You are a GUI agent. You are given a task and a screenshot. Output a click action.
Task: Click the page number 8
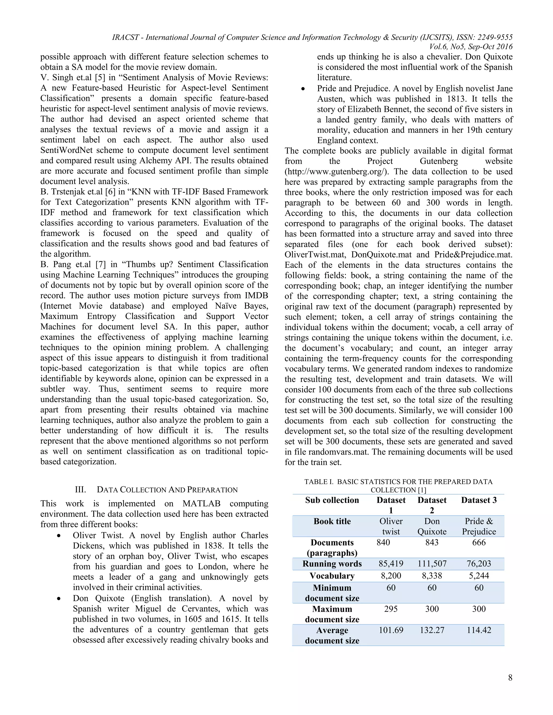(x=510, y=678)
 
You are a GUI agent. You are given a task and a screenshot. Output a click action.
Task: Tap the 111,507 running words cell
(x=432, y=564)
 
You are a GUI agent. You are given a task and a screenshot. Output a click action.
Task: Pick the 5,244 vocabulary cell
(x=479, y=576)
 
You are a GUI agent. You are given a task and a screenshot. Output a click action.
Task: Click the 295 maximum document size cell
(x=391, y=609)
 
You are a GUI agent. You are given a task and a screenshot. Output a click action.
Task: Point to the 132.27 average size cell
(x=432, y=630)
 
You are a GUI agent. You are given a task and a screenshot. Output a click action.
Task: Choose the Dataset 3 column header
(x=479, y=500)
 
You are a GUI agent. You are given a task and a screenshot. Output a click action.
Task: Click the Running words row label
(x=332, y=564)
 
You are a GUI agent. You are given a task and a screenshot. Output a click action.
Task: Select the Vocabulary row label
(x=332, y=576)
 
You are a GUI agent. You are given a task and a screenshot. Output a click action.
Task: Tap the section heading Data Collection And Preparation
(x=167, y=490)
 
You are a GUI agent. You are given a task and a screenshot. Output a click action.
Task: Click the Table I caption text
(x=398, y=486)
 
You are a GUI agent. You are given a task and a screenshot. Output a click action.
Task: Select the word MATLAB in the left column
(x=201, y=503)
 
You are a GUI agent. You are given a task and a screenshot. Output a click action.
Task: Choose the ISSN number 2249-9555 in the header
(x=491, y=37)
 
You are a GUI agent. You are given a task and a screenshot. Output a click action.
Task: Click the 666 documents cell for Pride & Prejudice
(x=479, y=543)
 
